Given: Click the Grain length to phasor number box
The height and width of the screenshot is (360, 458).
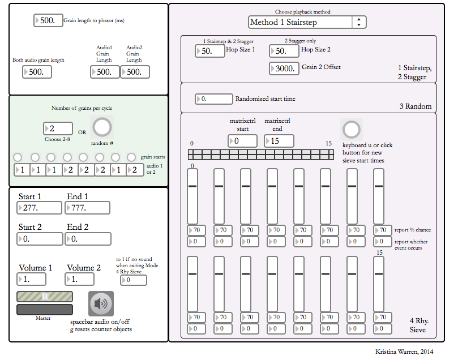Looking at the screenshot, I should [48, 20].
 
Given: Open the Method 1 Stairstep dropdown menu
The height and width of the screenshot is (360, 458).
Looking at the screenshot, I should [307, 22].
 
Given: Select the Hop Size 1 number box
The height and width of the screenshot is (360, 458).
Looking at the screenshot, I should [209, 51].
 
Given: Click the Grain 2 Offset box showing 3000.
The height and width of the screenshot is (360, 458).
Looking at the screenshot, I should [284, 68].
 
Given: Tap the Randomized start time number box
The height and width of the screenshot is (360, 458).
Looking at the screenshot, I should [213, 98].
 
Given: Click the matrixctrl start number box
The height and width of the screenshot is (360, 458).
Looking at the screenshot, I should [243, 141].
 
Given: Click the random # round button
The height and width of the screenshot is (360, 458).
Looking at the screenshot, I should [102, 128].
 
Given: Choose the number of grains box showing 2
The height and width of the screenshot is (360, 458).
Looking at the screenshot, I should [58, 128].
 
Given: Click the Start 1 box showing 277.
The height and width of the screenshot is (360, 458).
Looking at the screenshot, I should [40, 208].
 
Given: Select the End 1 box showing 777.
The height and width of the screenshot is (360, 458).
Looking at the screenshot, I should [88, 208].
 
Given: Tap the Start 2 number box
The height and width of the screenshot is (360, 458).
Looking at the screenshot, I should [40, 239].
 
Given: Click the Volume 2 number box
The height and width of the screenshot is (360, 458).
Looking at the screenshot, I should [88, 279].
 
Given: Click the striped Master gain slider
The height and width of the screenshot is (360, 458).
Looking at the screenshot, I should [45, 297].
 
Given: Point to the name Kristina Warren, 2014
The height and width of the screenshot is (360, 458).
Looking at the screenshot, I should [404, 352].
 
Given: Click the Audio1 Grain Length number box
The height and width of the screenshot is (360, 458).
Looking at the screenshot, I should [105, 72].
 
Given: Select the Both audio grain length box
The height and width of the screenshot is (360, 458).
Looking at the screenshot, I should [37, 72].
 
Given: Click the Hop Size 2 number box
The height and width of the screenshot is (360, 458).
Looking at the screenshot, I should [284, 51].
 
